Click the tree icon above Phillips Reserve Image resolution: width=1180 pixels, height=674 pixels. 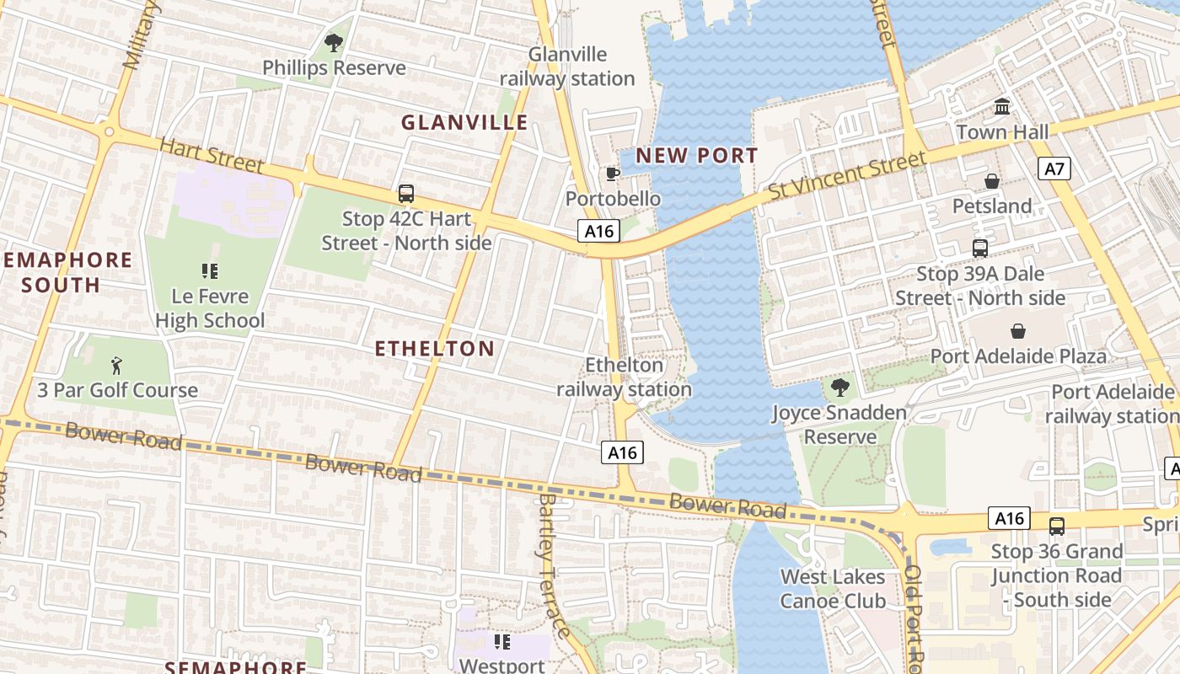[334, 42]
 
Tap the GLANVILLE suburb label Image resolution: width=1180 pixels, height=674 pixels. [464, 122]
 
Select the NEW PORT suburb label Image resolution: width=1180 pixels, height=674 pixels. [696, 156]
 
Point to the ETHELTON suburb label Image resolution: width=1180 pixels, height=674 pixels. [434, 349]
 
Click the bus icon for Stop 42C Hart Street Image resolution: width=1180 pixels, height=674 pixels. [406, 194]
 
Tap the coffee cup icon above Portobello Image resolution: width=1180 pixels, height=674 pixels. [613, 174]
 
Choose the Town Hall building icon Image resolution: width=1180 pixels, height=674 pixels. [1002, 107]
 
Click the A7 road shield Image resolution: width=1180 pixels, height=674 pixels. [1054, 169]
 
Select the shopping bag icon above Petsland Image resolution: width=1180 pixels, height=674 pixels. [992, 181]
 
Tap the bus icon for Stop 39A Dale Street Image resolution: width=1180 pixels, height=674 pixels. [979, 249]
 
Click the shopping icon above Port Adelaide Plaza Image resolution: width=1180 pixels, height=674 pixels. [1018, 331]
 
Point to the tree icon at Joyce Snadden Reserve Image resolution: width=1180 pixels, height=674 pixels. [839, 388]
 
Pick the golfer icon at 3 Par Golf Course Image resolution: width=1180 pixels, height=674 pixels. [116, 366]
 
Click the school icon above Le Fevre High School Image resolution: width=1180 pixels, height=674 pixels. [210, 271]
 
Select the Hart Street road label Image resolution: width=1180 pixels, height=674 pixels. [212, 156]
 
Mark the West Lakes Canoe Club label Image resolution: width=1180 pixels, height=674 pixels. [833, 589]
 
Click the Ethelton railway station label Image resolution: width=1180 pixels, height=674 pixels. [624, 377]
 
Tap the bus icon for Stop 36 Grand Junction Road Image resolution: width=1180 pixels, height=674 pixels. [1056, 527]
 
